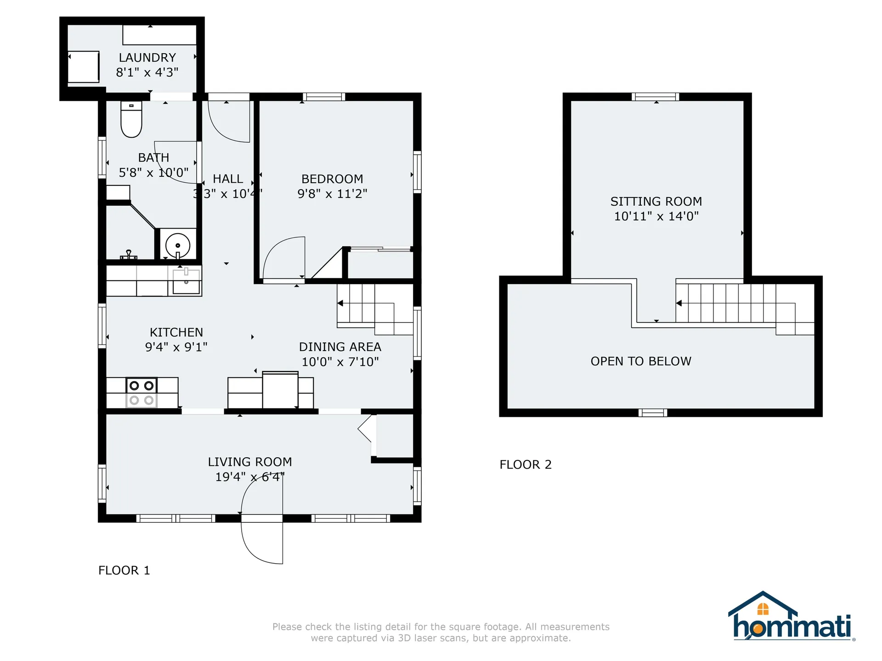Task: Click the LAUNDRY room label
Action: [147, 57]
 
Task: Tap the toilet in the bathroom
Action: [131, 119]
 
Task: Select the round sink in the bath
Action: [178, 246]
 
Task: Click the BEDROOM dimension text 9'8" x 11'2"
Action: [332, 194]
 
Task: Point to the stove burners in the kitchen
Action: [141, 393]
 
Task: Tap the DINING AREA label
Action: [340, 347]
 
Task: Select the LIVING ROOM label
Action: [250, 462]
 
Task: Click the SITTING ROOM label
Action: [656, 202]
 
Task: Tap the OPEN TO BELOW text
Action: [641, 361]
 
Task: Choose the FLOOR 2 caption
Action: [526, 465]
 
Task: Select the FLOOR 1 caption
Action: [124, 570]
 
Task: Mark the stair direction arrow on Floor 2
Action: [679, 303]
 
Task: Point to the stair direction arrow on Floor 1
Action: [340, 303]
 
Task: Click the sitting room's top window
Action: [656, 97]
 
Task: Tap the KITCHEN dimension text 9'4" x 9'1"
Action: [176, 347]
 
